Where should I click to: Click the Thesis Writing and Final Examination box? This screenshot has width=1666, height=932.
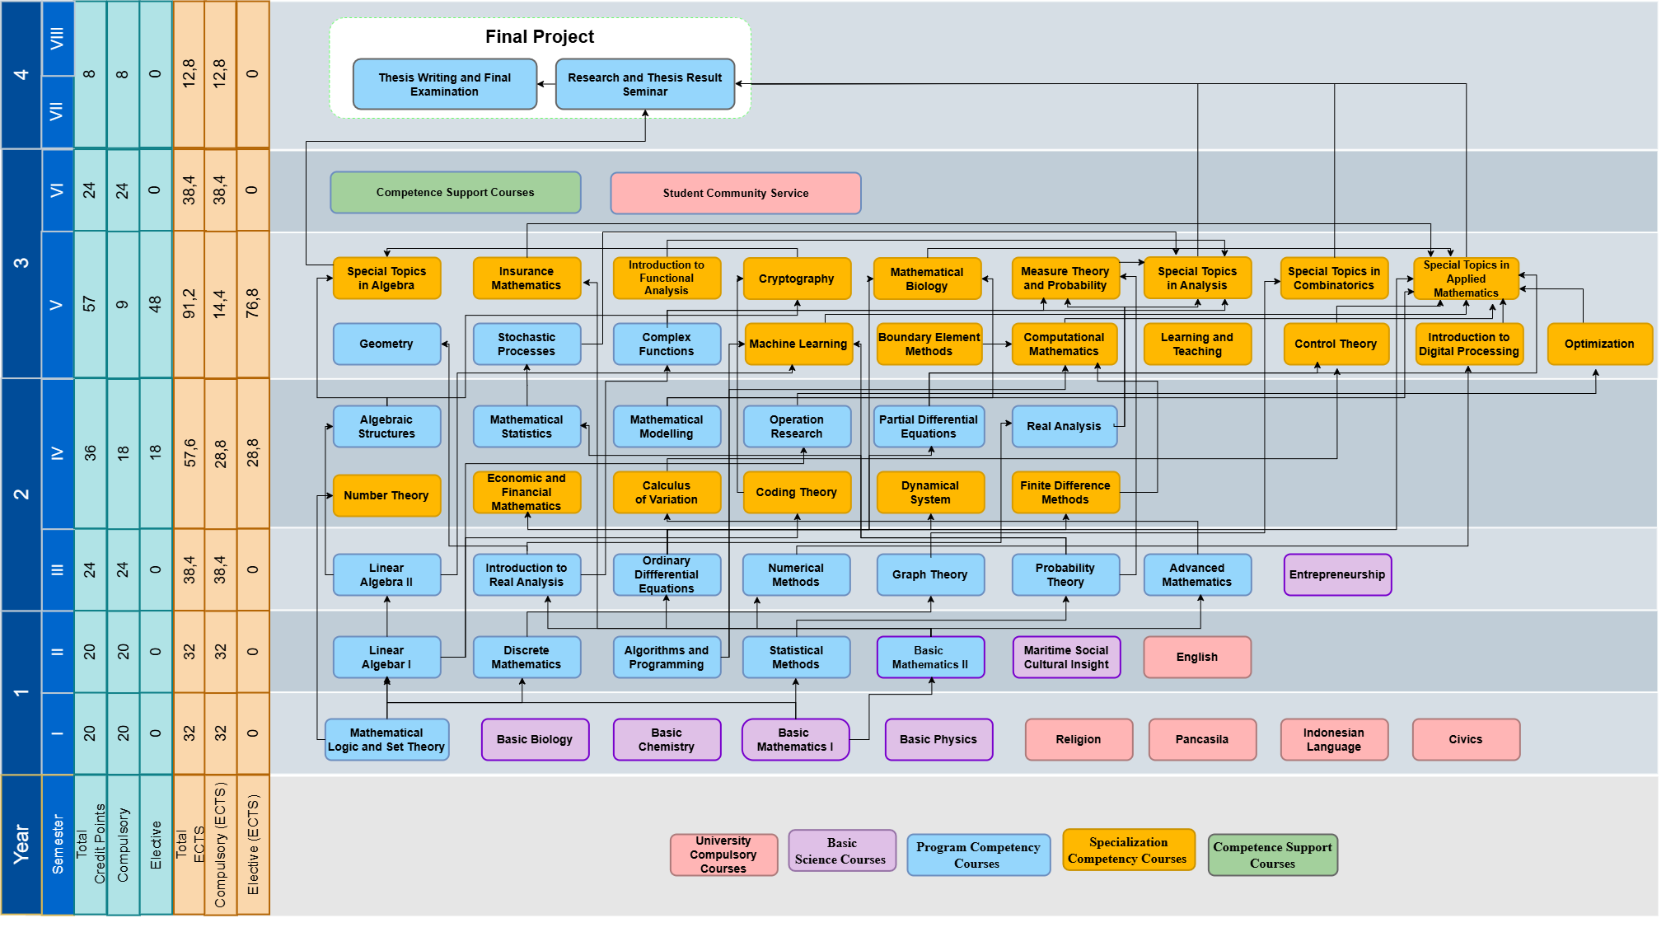[444, 84]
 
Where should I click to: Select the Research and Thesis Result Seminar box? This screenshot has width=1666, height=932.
[644, 84]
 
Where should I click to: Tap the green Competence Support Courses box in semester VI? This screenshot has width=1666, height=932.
[455, 192]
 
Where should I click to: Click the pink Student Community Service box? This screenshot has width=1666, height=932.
[735, 193]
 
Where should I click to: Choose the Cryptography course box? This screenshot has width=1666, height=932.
[796, 279]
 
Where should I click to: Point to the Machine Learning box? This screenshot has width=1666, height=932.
[798, 344]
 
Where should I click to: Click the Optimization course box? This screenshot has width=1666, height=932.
[1598, 344]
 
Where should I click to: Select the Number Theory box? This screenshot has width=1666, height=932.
[386, 495]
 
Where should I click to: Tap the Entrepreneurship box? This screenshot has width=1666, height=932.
[1336, 574]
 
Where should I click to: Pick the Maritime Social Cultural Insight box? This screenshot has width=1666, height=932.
[1065, 657]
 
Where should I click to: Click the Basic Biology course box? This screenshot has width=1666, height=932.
[534, 739]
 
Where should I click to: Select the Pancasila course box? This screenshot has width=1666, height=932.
[1201, 739]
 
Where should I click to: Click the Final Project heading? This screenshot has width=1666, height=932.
[539, 37]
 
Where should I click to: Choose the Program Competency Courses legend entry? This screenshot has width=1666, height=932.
[977, 855]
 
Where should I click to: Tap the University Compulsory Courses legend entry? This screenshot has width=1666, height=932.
[723, 855]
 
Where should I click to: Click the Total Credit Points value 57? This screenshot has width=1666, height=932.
[90, 304]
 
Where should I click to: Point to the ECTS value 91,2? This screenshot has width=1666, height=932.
[189, 304]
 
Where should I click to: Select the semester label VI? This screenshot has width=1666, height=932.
[57, 190]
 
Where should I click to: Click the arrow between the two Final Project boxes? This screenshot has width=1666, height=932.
[546, 84]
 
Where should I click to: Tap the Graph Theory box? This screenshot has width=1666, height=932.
[929, 574]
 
